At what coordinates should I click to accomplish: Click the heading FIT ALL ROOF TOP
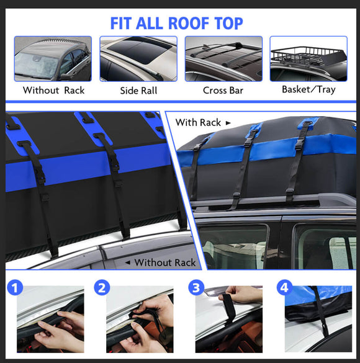tap(177, 24)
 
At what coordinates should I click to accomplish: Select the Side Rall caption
tap(138, 90)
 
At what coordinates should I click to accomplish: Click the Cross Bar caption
tap(223, 90)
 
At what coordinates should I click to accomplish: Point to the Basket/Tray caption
tap(308, 89)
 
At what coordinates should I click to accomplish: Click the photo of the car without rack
tap(53, 59)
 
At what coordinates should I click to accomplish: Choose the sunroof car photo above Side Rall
tap(138, 59)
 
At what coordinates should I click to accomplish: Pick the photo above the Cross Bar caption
tap(223, 59)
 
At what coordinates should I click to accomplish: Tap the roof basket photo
tap(308, 59)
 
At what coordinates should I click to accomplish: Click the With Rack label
tap(198, 122)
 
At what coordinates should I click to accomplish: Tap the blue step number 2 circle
tap(102, 288)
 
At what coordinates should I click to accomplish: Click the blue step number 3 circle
tap(196, 288)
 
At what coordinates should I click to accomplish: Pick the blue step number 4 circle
tap(284, 288)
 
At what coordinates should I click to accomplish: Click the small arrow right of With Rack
tap(228, 123)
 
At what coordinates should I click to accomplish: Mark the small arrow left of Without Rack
tap(128, 262)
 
